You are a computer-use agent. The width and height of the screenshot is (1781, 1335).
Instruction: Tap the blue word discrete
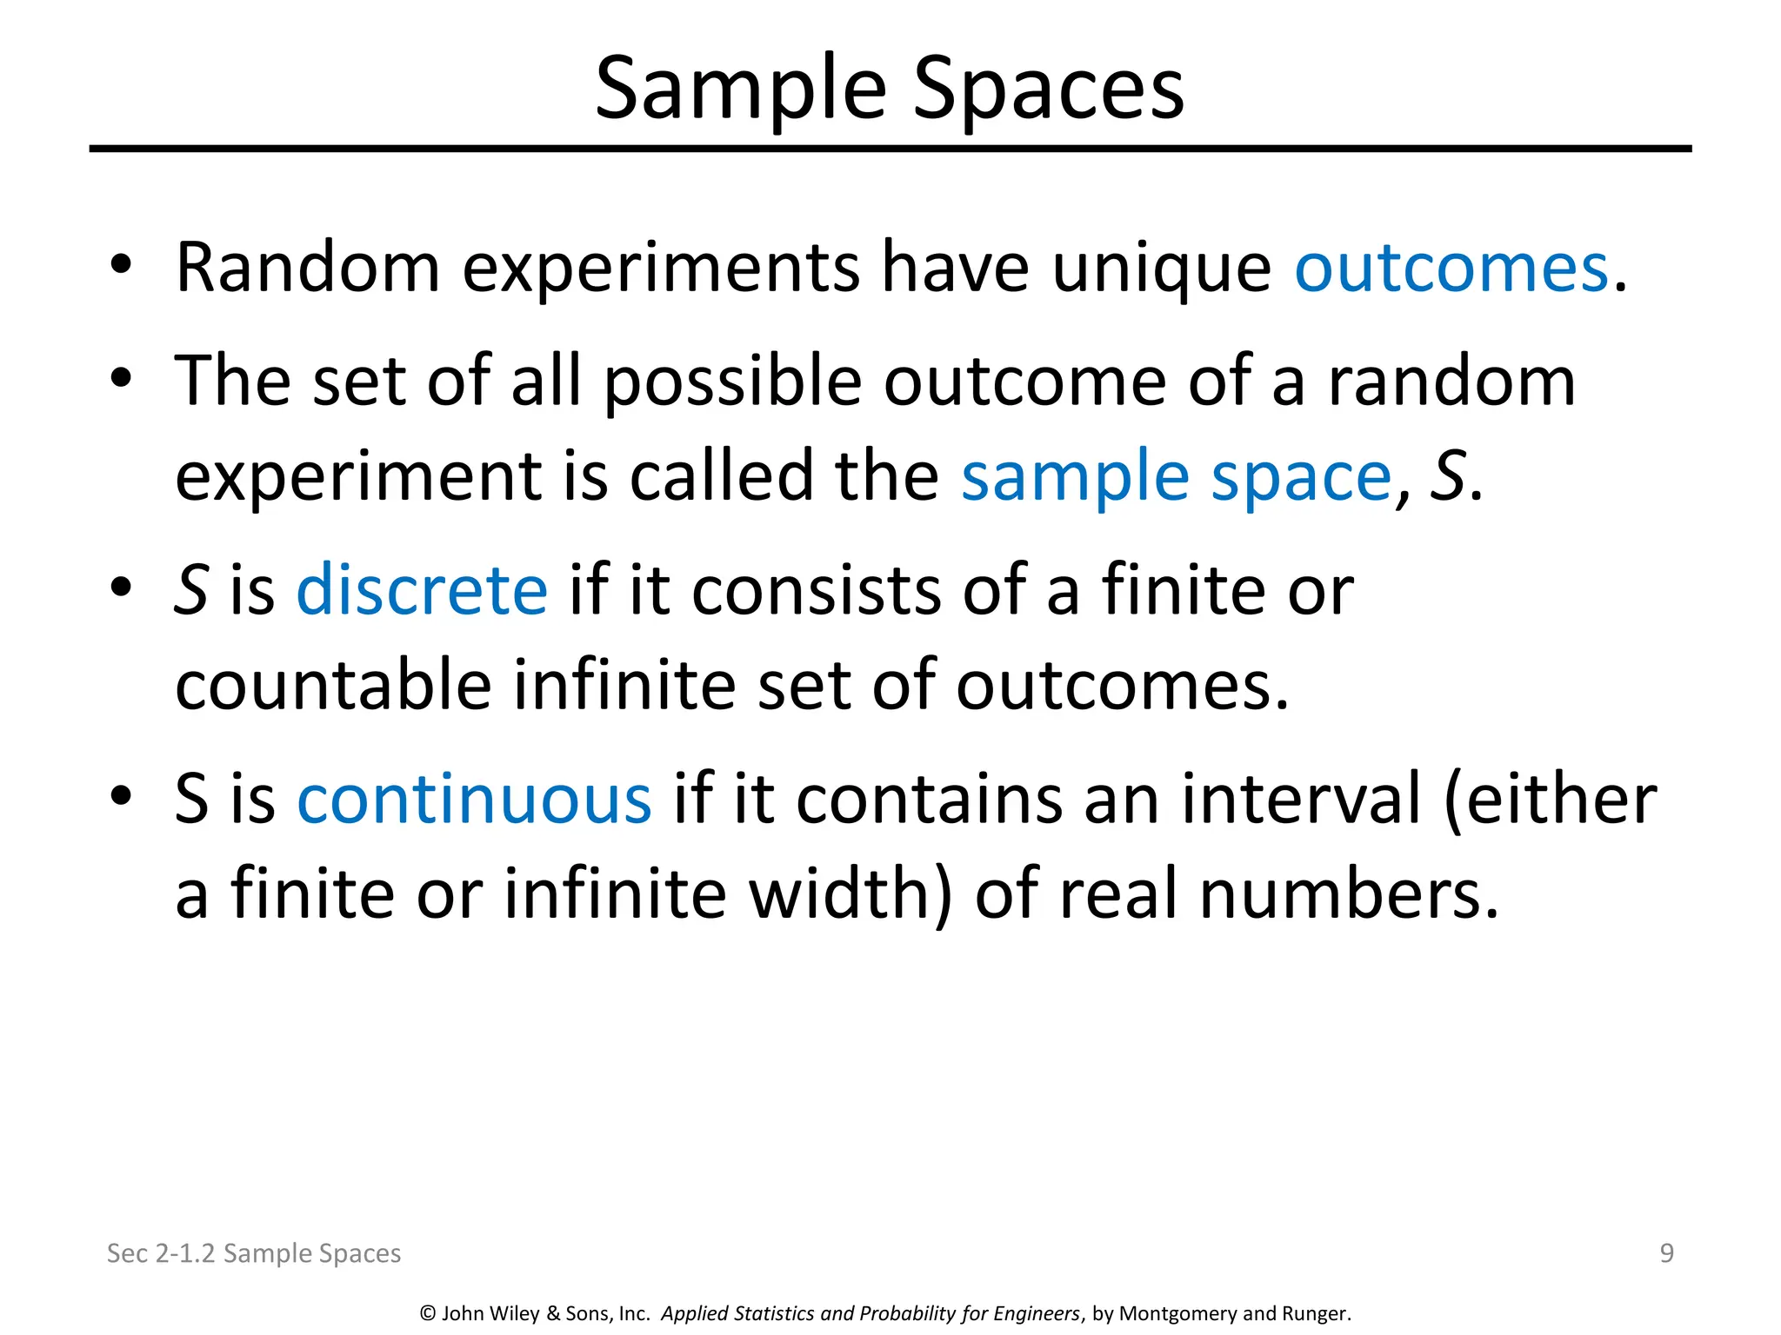pos(422,590)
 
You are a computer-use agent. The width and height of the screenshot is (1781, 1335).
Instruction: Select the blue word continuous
pos(474,799)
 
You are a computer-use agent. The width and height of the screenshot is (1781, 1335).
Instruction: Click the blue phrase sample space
pos(1177,477)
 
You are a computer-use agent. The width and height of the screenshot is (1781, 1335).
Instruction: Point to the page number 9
pos(1666,1252)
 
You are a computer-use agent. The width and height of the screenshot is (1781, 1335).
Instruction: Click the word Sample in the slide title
pos(740,90)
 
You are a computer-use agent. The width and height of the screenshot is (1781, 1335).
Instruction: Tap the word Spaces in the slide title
pos(1048,90)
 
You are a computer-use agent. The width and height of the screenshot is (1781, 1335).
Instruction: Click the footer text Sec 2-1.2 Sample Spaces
pos(253,1253)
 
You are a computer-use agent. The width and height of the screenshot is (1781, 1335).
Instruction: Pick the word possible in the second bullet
pos(732,383)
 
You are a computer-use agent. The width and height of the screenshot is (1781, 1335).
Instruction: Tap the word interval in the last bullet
pos(1300,799)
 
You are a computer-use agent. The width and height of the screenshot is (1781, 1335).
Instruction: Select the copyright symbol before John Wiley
pos(428,1313)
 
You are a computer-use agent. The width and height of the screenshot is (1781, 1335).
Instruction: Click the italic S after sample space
pos(1447,477)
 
